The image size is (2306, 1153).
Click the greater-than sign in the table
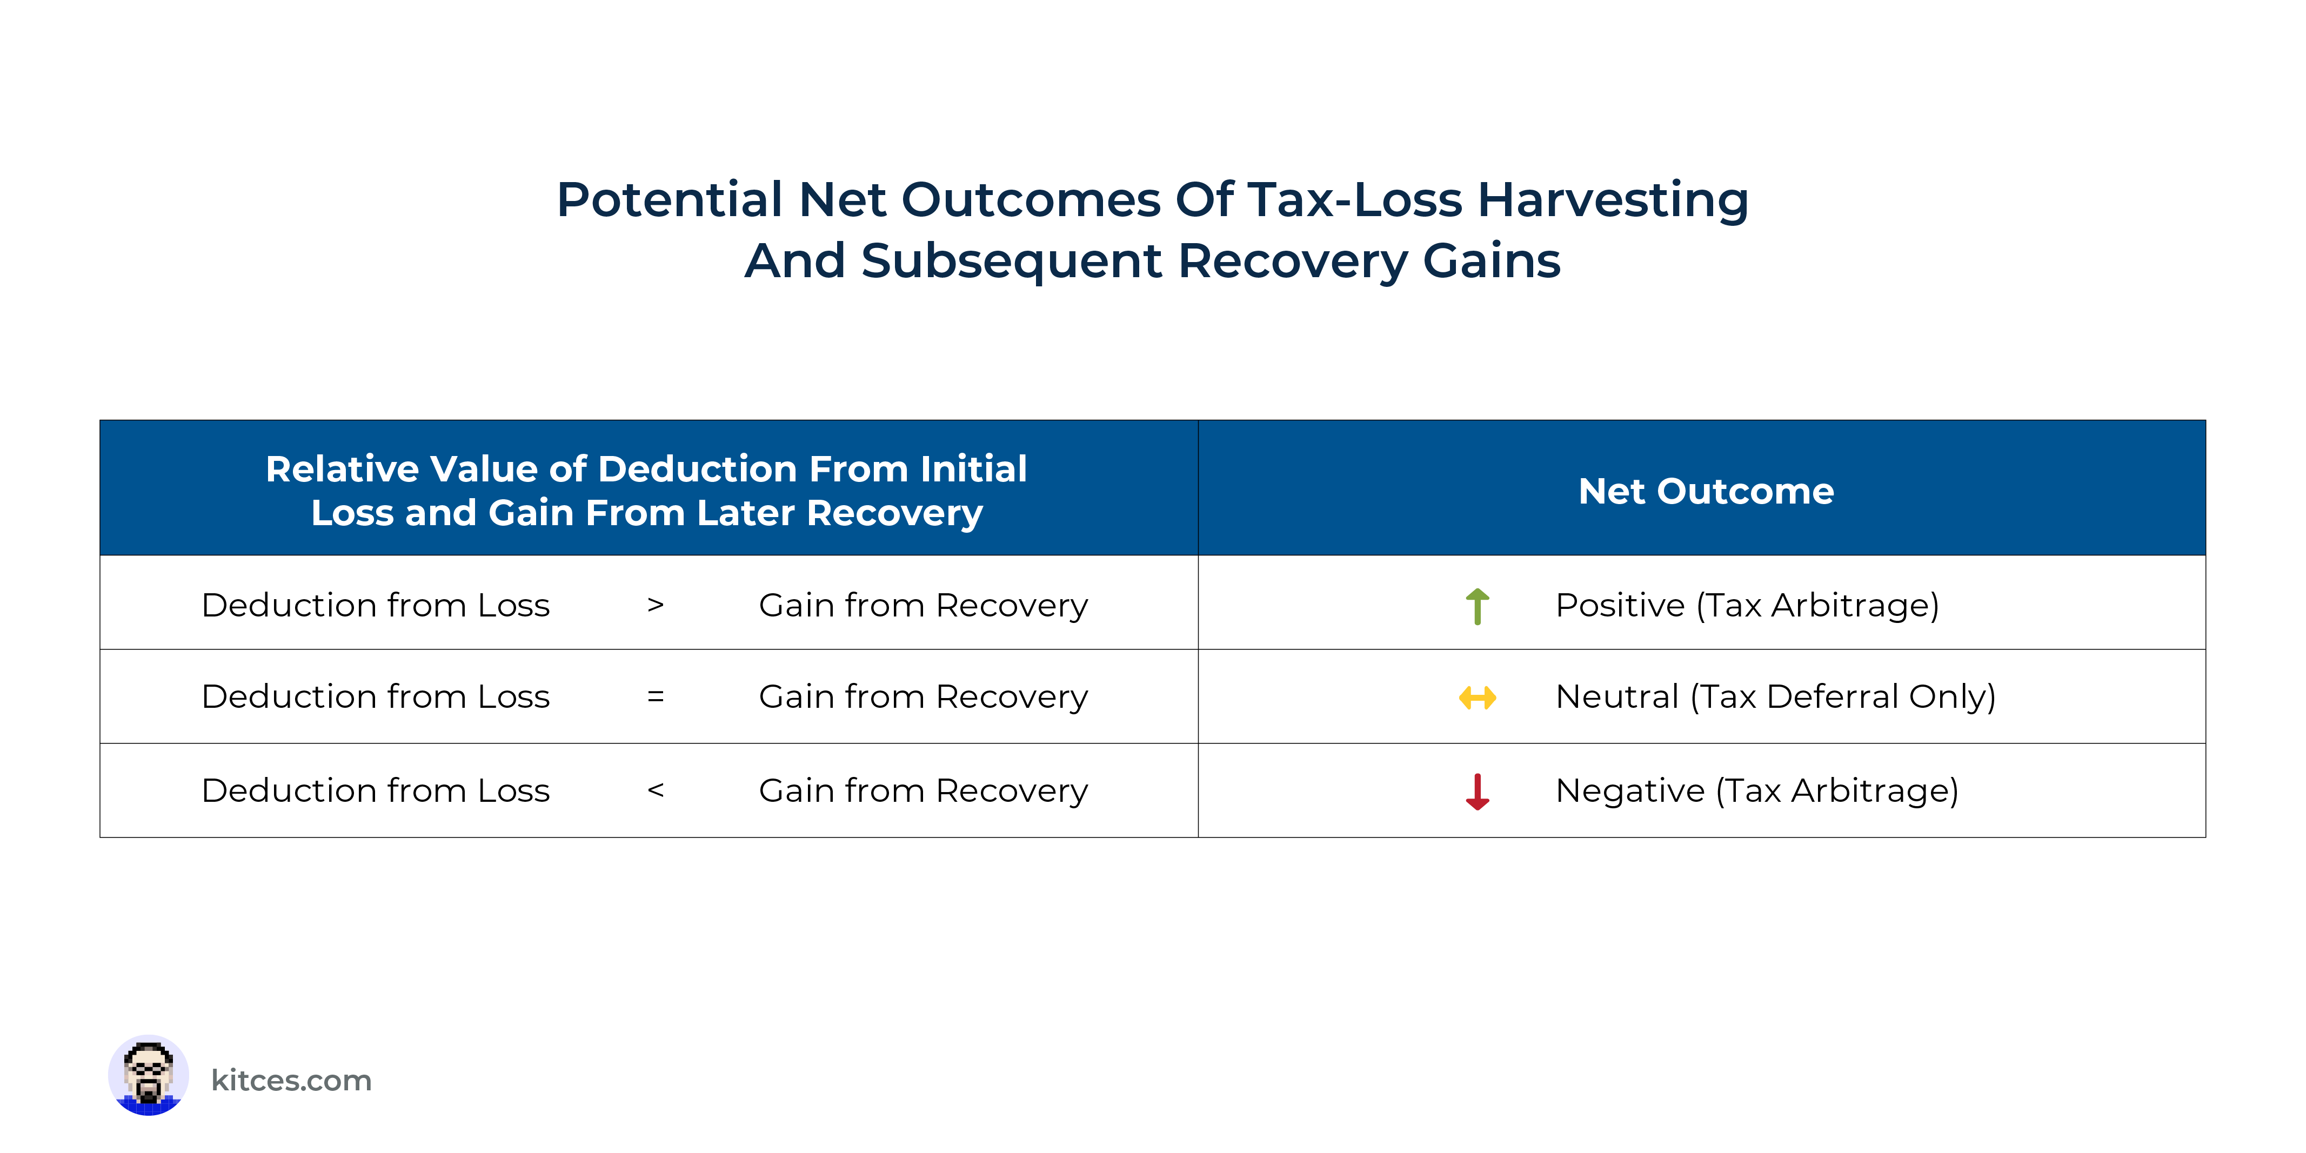pyautogui.click(x=656, y=605)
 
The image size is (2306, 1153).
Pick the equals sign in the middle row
pyautogui.click(x=656, y=696)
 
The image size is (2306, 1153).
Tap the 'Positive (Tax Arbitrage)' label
pyautogui.click(x=1747, y=606)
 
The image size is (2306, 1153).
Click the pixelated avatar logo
pyautogui.click(x=149, y=1075)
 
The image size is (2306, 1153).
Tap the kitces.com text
pyautogui.click(x=291, y=1081)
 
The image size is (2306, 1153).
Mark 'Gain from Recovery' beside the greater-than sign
pyautogui.click(x=923, y=606)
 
